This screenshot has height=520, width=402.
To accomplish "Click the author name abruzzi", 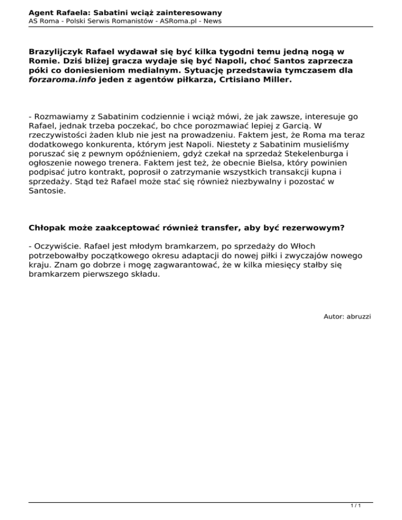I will pos(357,331).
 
